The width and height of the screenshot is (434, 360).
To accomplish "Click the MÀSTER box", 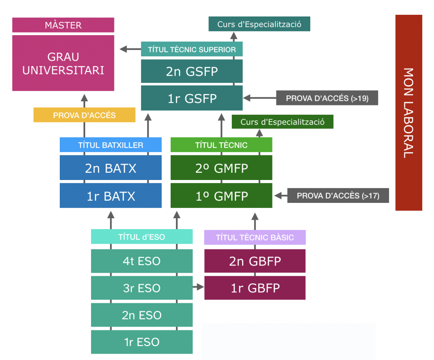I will pos(63,25).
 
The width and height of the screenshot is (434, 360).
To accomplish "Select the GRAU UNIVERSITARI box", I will pos(63,63).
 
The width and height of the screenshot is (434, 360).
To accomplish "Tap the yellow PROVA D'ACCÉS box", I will pos(84,115).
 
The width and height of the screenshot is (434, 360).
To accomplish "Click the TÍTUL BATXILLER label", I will pos(111,145).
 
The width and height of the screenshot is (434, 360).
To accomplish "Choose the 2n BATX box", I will pos(111,168).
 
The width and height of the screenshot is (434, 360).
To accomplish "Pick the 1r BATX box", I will pos(111,196).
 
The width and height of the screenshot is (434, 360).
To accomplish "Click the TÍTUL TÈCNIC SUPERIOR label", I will pos(192,50).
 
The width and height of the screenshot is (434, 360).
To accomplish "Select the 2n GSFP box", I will pos(192,71).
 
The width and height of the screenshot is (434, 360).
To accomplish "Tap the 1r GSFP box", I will pos(192,98).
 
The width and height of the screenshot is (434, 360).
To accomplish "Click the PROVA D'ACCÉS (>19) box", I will pos(327,98).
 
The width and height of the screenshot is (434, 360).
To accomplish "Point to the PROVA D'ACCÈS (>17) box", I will pos(338,196).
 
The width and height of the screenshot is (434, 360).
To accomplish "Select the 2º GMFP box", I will pos(221,168).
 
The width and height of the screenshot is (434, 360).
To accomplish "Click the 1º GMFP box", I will pos(221,196).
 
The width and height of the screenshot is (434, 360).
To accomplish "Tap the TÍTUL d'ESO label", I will pos(142,237).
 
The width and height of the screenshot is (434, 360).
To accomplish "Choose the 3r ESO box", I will pos(142,288).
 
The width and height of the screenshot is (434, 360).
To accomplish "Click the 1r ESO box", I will pos(142,342).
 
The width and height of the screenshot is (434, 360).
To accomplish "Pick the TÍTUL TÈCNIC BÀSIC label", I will pos(255,237).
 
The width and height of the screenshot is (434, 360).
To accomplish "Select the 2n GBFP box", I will pos(255,261).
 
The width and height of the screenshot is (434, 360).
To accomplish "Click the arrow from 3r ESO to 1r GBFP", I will pos(198,287).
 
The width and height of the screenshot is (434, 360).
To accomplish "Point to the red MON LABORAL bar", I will pos(409,113).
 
